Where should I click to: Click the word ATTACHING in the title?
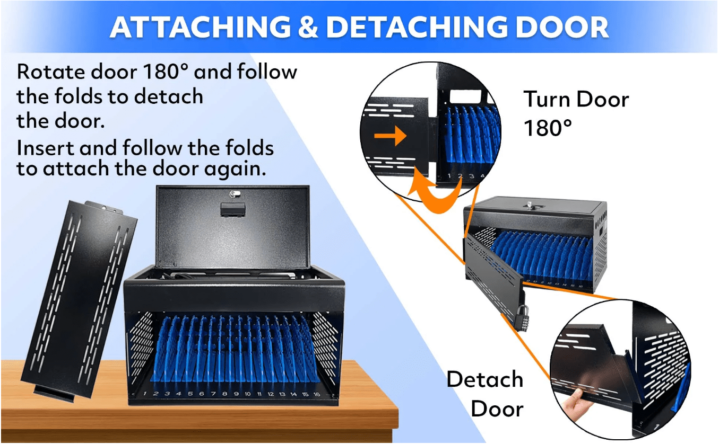click(x=200, y=27)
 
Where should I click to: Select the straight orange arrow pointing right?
click(x=391, y=136)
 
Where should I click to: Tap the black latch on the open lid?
click(x=233, y=210)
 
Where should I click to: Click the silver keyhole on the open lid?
click(x=235, y=193)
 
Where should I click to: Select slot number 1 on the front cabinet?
click(x=145, y=393)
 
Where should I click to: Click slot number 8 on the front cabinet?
click(x=224, y=394)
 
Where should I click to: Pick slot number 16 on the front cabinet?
click(x=316, y=394)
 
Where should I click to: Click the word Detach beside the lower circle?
click(x=484, y=379)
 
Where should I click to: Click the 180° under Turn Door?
click(x=548, y=128)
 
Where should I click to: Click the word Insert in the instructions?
click(x=45, y=148)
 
